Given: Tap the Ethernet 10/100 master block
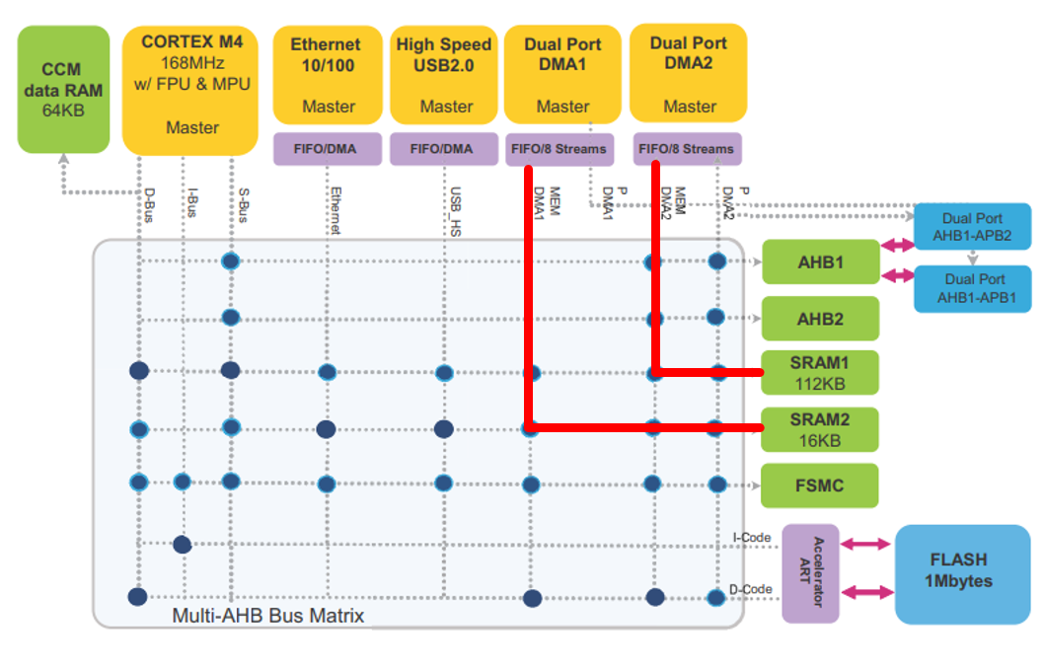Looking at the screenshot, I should point(326,74).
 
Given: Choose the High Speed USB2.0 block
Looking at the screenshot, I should point(443,74).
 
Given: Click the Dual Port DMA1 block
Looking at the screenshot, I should point(561,74).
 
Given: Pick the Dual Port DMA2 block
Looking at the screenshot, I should point(688,74).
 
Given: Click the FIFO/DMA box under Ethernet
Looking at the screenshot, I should point(326,149).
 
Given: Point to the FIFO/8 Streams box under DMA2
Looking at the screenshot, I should point(687,149).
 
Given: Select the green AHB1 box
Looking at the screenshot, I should point(819,262).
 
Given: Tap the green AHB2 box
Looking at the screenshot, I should point(819,319).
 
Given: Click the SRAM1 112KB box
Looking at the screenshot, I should point(819,372).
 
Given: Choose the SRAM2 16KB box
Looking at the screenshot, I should point(819,429).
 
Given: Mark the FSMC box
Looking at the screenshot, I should point(819,485).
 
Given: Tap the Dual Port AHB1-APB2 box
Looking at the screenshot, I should point(972,228).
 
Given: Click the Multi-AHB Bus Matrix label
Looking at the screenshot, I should point(268,616).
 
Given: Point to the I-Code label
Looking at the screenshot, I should point(751,538).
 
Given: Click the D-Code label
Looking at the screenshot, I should point(752,589).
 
